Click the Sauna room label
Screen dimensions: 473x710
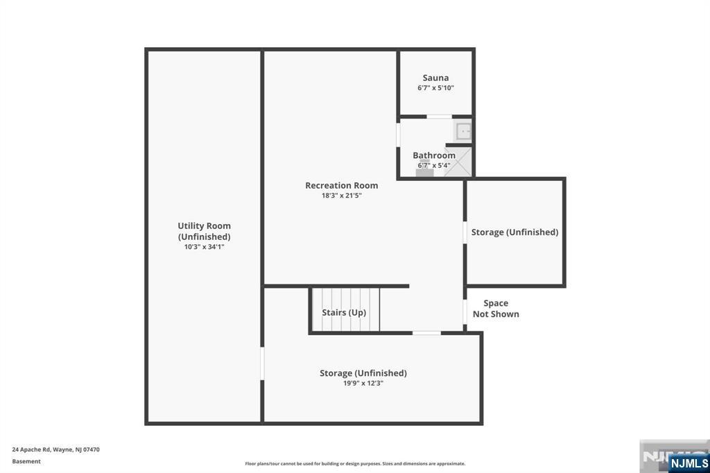click(435, 78)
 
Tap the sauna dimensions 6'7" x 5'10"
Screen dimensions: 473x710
click(435, 88)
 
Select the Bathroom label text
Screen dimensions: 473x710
click(434, 155)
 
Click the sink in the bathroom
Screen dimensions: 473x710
click(463, 130)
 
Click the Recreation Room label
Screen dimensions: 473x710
click(341, 185)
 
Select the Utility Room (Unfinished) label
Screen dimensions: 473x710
click(204, 231)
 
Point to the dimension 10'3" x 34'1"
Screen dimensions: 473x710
click(204, 246)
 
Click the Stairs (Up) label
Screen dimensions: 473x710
click(344, 312)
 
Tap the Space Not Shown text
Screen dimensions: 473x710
click(496, 309)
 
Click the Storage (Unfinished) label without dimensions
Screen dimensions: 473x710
click(514, 232)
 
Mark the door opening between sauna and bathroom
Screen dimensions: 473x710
click(439, 117)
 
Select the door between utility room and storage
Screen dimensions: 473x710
click(262, 363)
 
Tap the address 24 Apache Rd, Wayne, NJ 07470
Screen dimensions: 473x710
click(55, 449)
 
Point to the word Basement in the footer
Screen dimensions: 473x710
click(26, 461)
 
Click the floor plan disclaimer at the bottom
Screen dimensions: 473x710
click(354, 464)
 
